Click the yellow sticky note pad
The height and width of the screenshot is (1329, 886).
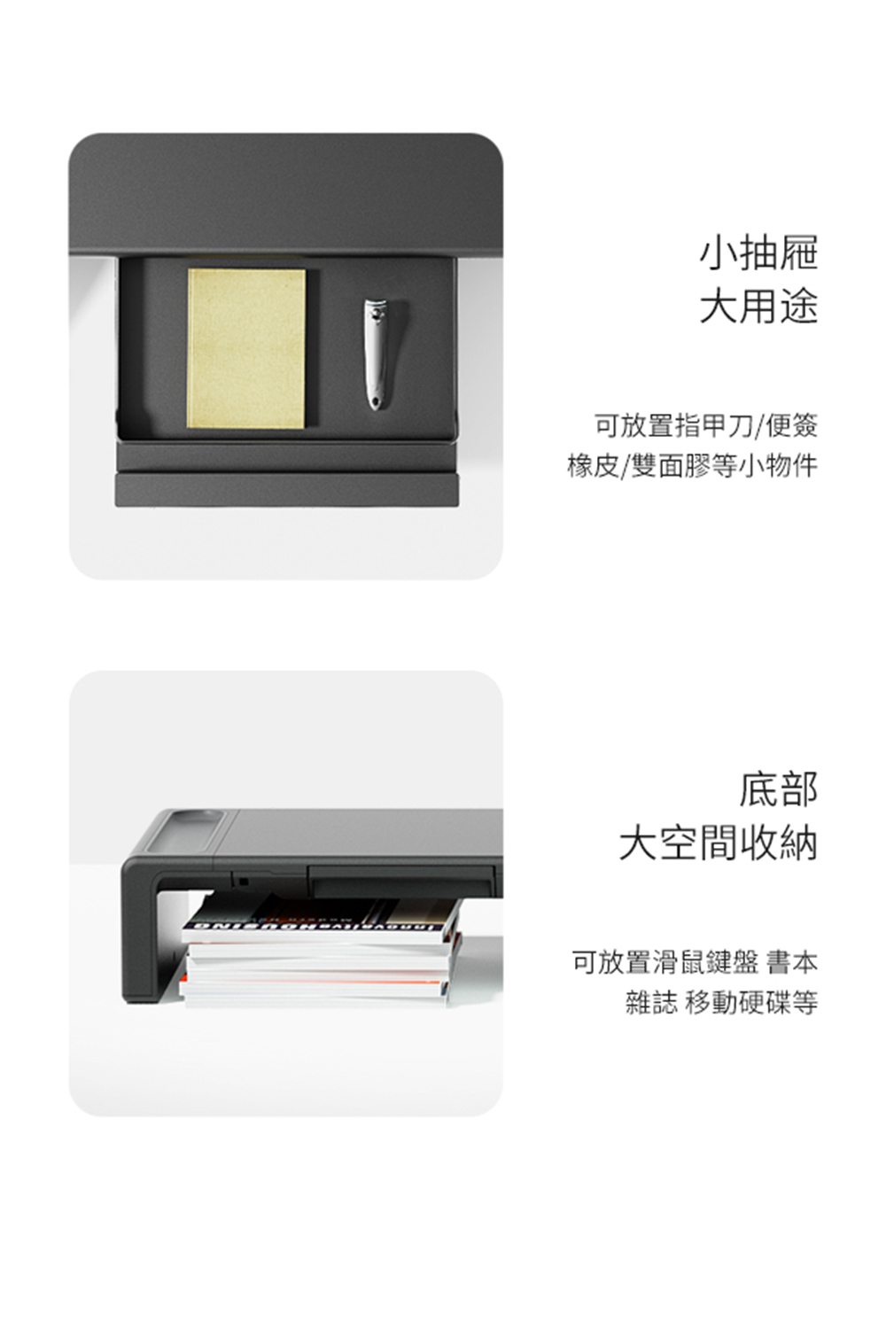[x=246, y=348]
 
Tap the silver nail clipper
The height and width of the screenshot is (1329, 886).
[x=375, y=354]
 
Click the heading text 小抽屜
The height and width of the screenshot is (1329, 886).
[x=758, y=253]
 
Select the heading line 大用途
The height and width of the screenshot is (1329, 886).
[x=758, y=306]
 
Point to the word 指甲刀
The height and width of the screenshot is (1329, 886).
[x=714, y=425]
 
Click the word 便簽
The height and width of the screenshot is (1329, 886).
[x=792, y=425]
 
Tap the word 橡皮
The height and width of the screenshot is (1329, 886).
[x=593, y=465]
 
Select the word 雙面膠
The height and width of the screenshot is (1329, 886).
[x=670, y=465]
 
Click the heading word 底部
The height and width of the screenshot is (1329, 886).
[x=778, y=789]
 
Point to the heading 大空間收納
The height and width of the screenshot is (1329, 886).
[x=719, y=842]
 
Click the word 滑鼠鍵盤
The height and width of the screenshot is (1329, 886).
[x=705, y=961]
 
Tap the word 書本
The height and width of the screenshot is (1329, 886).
[x=792, y=961]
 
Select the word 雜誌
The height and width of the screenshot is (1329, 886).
[x=651, y=1002]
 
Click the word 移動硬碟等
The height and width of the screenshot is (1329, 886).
[x=751, y=1002]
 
